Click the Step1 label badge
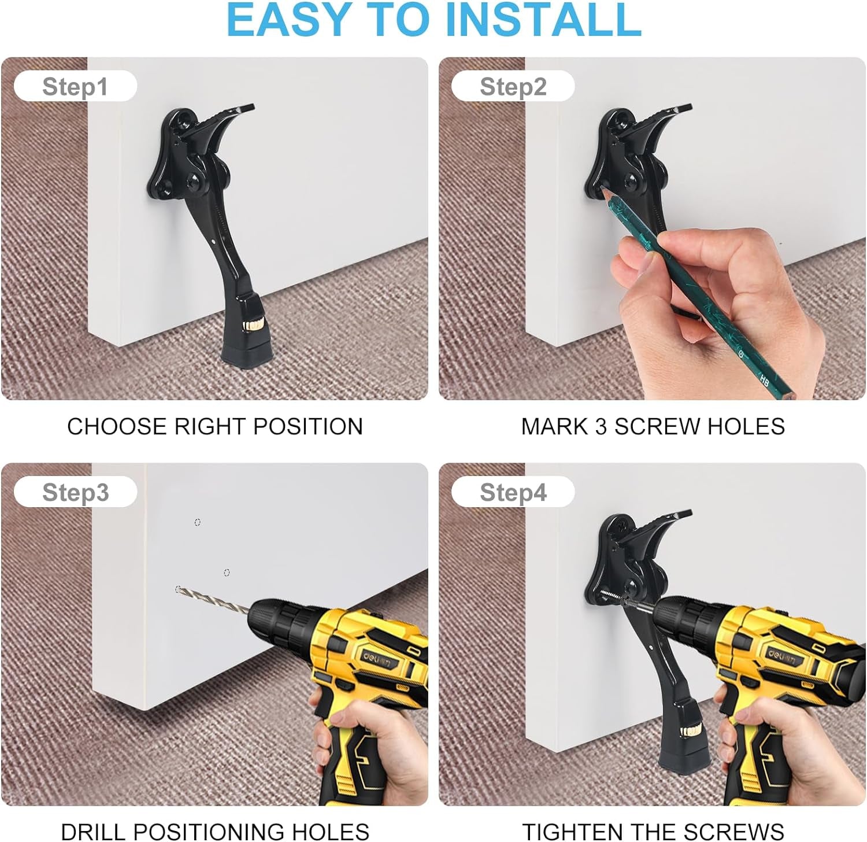[75, 87]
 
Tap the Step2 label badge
[513, 87]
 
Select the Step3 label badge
[75, 493]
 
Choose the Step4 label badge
[513, 493]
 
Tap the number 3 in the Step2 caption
[601, 427]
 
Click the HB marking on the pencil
[764, 381]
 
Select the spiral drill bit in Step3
[214, 599]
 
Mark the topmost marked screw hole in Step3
[198, 522]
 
